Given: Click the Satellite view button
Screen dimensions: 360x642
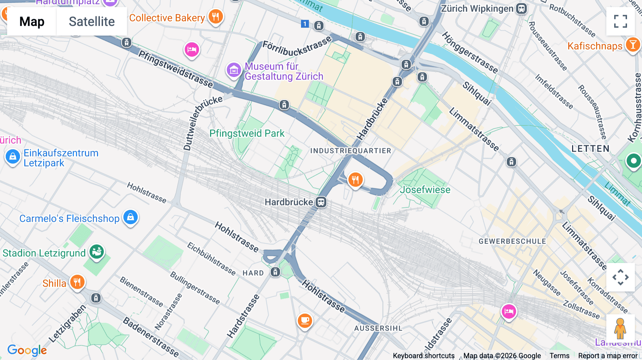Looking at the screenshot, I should (92, 21).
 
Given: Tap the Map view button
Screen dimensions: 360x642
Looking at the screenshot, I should (32, 21).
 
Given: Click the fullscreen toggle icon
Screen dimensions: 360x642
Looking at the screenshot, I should (620, 21).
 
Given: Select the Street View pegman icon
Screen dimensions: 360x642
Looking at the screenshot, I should (620, 328).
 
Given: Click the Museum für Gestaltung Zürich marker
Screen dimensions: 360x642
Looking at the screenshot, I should (234, 70).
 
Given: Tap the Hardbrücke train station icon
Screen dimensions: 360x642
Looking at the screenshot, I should (321, 202).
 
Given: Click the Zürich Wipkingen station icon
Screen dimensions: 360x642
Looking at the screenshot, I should (521, 9).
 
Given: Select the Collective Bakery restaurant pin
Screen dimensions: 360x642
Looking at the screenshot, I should (215, 16).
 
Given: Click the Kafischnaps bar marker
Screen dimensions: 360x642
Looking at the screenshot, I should (633, 45).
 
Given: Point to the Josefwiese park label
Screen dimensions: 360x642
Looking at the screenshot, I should (425, 190).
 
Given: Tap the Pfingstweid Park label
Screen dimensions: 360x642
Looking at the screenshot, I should (247, 133).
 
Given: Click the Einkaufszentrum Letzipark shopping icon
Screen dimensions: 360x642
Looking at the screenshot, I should (13, 156).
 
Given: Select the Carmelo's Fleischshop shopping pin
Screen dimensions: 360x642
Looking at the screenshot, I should (131, 217).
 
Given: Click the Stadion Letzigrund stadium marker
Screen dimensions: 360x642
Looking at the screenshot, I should (97, 252).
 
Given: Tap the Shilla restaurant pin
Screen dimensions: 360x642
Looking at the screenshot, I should (77, 282).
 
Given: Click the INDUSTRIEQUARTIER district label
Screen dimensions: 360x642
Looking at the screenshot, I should (351, 151).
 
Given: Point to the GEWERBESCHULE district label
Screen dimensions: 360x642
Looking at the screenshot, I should (512, 241).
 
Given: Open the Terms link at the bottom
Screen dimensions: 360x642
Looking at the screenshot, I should (559, 355).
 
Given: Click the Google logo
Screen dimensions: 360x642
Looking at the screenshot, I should (27, 350).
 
